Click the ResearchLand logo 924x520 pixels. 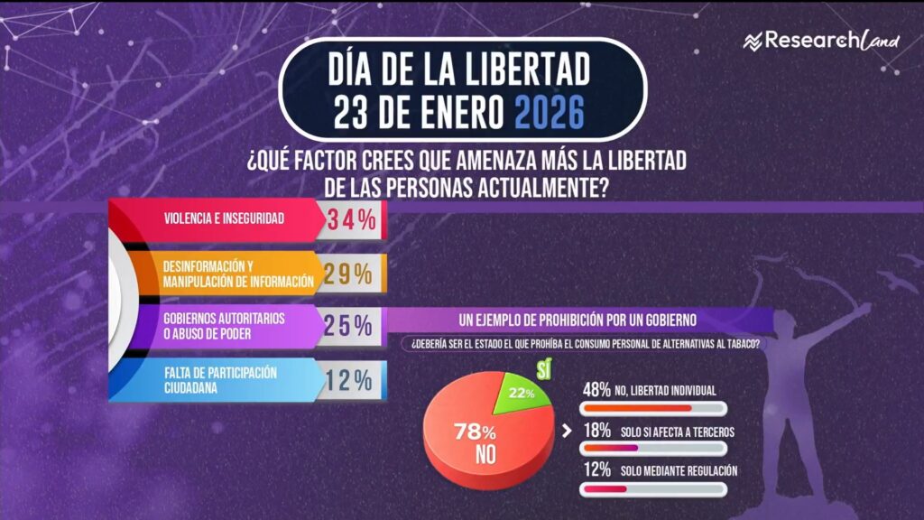[821, 41]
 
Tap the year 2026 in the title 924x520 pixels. [549, 114]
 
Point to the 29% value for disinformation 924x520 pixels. [348, 274]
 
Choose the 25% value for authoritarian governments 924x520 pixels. [348, 326]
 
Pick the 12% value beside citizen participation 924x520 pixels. [348, 380]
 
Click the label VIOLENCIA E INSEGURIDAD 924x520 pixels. [223, 218]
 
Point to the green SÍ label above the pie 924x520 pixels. [543, 368]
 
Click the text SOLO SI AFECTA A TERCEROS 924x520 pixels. [677, 432]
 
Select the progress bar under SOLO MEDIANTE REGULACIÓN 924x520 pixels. [653, 488]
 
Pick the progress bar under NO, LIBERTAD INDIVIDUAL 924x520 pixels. [653, 408]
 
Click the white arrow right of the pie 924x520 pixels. [567, 431]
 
